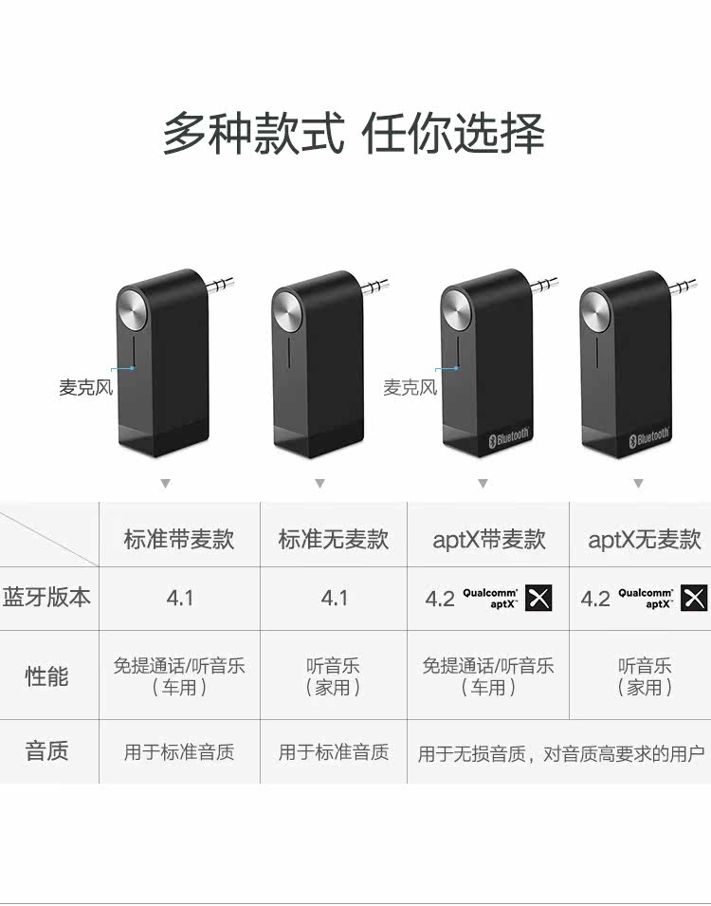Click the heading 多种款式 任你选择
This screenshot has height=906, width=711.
(354, 134)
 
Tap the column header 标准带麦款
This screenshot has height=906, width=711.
(179, 540)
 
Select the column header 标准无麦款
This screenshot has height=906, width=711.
(334, 540)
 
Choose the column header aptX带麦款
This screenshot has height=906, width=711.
(488, 540)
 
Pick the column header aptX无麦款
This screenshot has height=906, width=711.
(644, 540)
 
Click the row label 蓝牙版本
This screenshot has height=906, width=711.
(47, 598)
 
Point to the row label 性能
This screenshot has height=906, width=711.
(47, 676)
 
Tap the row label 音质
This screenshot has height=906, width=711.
(47, 751)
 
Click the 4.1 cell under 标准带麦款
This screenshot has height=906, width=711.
(179, 598)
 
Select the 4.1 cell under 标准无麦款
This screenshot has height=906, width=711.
(334, 598)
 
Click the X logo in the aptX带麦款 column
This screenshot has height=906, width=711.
(539, 598)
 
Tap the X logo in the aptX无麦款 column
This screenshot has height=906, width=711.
(694, 598)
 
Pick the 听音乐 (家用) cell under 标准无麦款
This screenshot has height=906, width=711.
(334, 676)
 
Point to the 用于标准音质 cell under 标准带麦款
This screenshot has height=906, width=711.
(179, 752)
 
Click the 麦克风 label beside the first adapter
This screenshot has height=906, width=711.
(85, 388)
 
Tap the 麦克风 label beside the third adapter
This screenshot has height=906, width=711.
(410, 388)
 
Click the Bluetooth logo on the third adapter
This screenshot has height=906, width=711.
(509, 438)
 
